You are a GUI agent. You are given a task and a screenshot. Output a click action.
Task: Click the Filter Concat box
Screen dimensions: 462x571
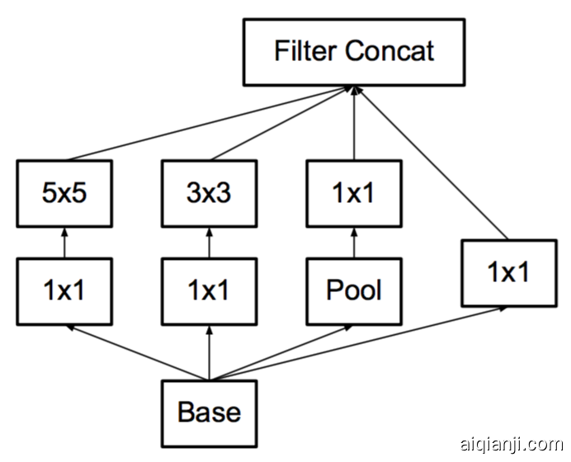(x=354, y=52)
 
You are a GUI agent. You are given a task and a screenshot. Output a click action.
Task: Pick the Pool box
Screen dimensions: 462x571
(x=354, y=290)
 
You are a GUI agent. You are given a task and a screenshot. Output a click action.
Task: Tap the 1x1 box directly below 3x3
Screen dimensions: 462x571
(x=209, y=290)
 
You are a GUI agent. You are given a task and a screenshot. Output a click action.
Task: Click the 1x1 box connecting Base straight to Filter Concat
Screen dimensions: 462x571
(x=509, y=271)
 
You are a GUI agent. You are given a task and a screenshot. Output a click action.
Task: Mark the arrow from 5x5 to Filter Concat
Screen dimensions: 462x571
(x=206, y=123)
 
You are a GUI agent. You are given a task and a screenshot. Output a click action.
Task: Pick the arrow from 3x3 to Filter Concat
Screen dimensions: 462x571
(x=281, y=123)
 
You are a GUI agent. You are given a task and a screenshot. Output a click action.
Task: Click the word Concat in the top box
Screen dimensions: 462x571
(x=390, y=51)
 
